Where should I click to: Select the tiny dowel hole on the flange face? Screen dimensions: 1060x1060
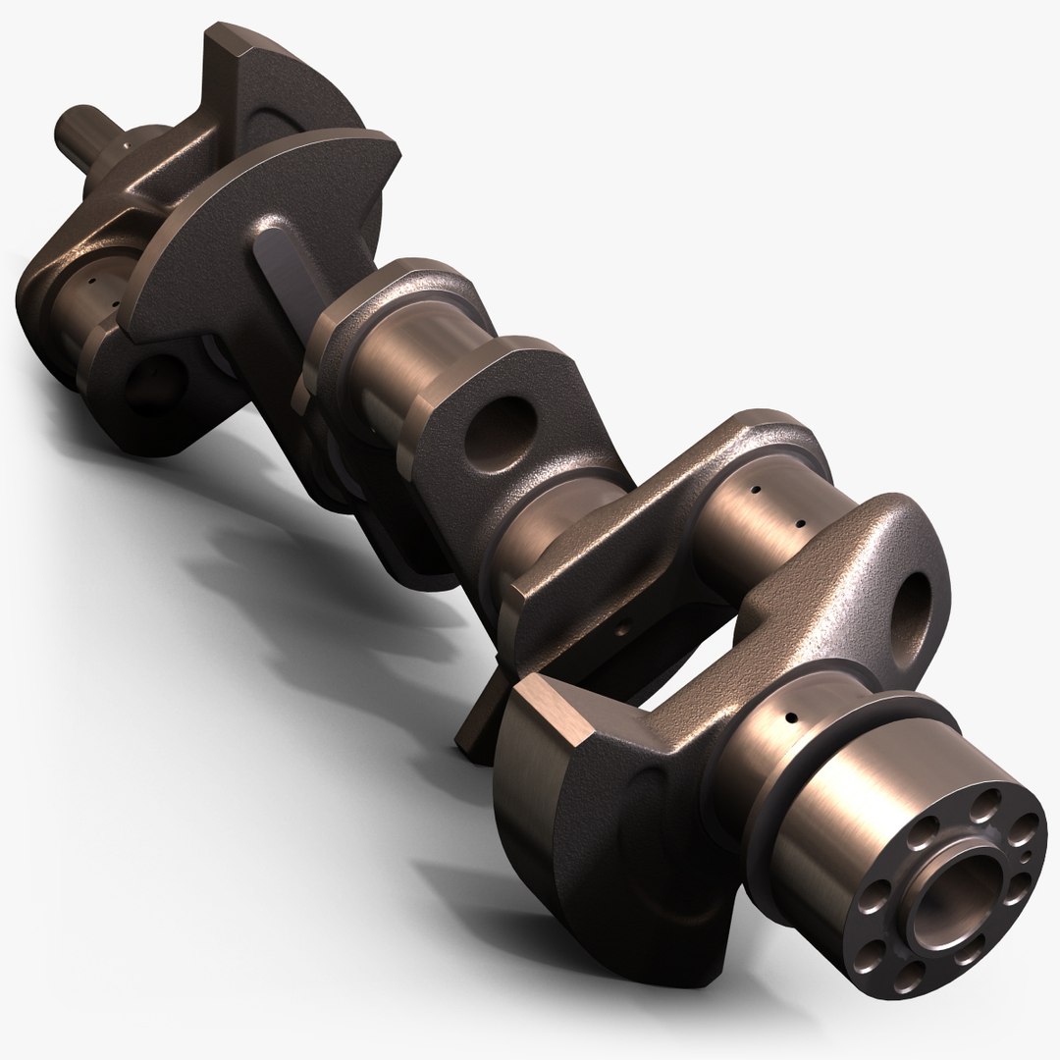[x=1024, y=858]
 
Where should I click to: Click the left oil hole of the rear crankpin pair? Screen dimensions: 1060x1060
[x=757, y=488]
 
